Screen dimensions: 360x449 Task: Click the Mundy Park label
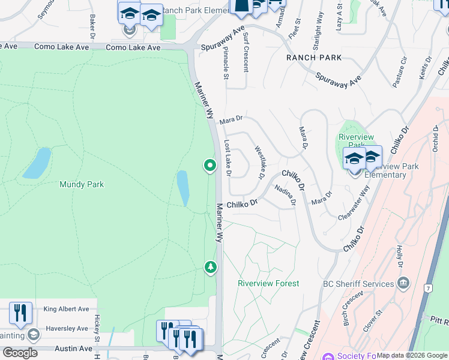pyautogui.click(x=82, y=184)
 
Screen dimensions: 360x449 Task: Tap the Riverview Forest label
pyautogui.click(x=268, y=283)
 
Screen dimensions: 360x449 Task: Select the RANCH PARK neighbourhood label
pyautogui.click(x=314, y=58)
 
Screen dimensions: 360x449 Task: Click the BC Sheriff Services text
pyautogui.click(x=358, y=284)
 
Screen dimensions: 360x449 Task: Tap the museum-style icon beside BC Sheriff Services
pyautogui.click(x=403, y=283)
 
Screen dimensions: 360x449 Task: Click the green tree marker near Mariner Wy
pyautogui.click(x=210, y=266)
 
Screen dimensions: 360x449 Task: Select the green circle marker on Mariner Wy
pyautogui.click(x=209, y=164)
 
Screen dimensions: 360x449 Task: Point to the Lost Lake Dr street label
pyautogui.click(x=228, y=158)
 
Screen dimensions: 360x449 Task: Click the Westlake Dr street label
pyautogui.click(x=259, y=163)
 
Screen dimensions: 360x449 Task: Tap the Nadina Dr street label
pyautogui.click(x=285, y=195)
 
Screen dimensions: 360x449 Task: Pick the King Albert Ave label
pyautogui.click(x=66, y=310)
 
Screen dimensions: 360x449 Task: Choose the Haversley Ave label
pyautogui.click(x=66, y=328)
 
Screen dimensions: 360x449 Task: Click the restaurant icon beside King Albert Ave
pyautogui.click(x=21, y=313)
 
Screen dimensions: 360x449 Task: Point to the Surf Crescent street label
pyautogui.click(x=246, y=52)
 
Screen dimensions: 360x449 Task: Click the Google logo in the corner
pyautogui.click(x=20, y=353)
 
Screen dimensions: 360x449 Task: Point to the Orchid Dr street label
pyautogui.click(x=436, y=138)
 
